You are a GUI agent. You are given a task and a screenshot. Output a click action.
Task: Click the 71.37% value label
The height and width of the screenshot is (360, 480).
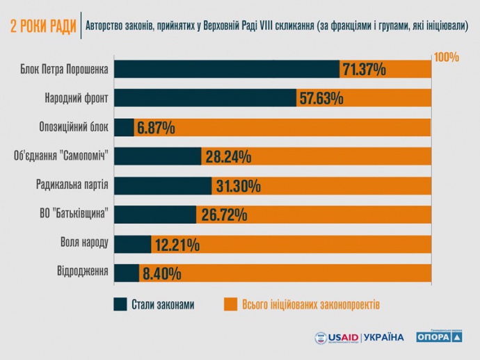coord(364,69)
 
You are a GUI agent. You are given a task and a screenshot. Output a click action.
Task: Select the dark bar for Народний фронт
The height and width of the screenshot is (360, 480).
coord(205,98)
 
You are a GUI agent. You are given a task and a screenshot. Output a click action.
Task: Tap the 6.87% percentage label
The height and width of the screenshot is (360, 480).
coord(156,128)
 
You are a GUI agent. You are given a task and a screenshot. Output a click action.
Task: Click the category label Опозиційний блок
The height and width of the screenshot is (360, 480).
coord(74,127)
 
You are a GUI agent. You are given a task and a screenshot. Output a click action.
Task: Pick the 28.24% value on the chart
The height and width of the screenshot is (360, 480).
coord(227,157)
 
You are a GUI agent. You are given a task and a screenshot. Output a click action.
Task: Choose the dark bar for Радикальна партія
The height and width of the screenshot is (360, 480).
coord(163,186)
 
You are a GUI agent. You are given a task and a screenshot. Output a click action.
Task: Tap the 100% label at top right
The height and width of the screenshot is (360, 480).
coord(446,57)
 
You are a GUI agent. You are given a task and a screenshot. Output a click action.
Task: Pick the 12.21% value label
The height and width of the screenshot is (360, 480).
coord(177,245)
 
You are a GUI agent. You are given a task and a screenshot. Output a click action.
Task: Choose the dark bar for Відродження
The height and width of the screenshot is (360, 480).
coord(127,272)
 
